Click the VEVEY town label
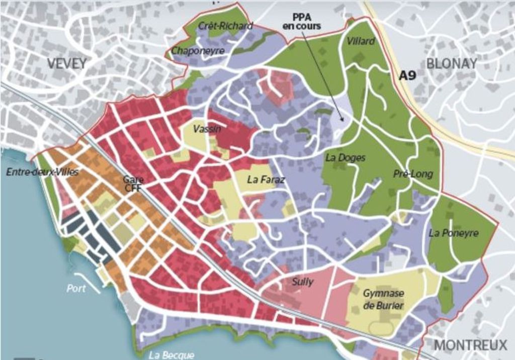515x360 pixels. pyautogui.click(x=67, y=63)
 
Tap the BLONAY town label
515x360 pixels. pyautogui.click(x=451, y=63)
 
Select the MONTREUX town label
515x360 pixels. pyautogui.click(x=470, y=345)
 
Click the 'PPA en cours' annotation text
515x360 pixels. pyautogui.click(x=306, y=22)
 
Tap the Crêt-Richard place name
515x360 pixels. pyautogui.click(x=225, y=26)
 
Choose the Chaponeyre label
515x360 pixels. pyautogui.click(x=198, y=51)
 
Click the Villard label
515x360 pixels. pyautogui.click(x=361, y=41)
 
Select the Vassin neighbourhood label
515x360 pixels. pyautogui.click(x=207, y=129)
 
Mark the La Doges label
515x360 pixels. pyautogui.click(x=346, y=157)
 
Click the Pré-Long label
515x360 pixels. pyautogui.click(x=413, y=174)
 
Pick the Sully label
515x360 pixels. pyautogui.click(x=303, y=282)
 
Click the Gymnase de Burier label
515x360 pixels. pyautogui.click(x=383, y=299)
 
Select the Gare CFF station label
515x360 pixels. pyautogui.click(x=134, y=184)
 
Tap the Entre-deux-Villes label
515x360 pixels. pyautogui.click(x=42, y=172)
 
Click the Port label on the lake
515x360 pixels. pyautogui.click(x=76, y=289)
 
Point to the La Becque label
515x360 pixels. pyautogui.click(x=171, y=355)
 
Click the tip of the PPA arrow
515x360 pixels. pyautogui.click(x=343, y=121)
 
